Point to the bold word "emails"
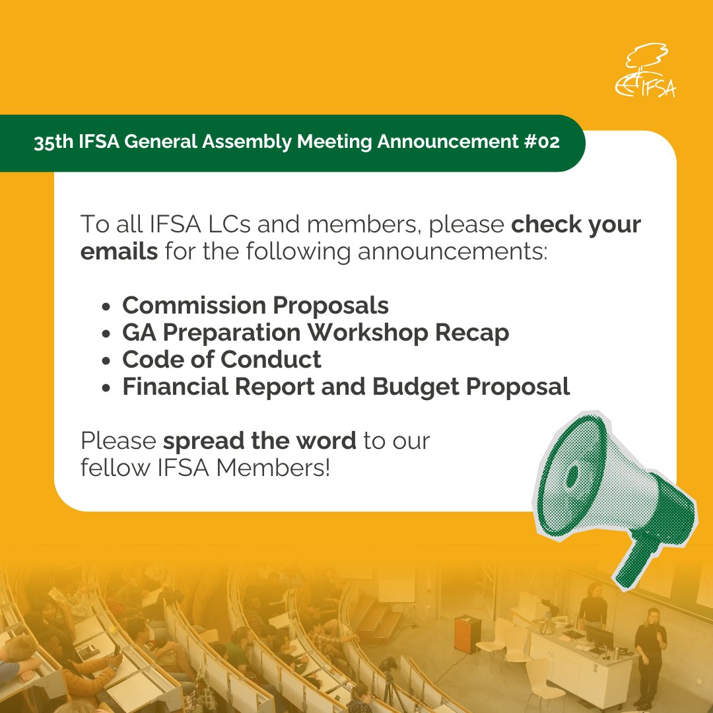119,252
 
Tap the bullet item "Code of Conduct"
222,360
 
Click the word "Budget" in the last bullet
416,387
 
